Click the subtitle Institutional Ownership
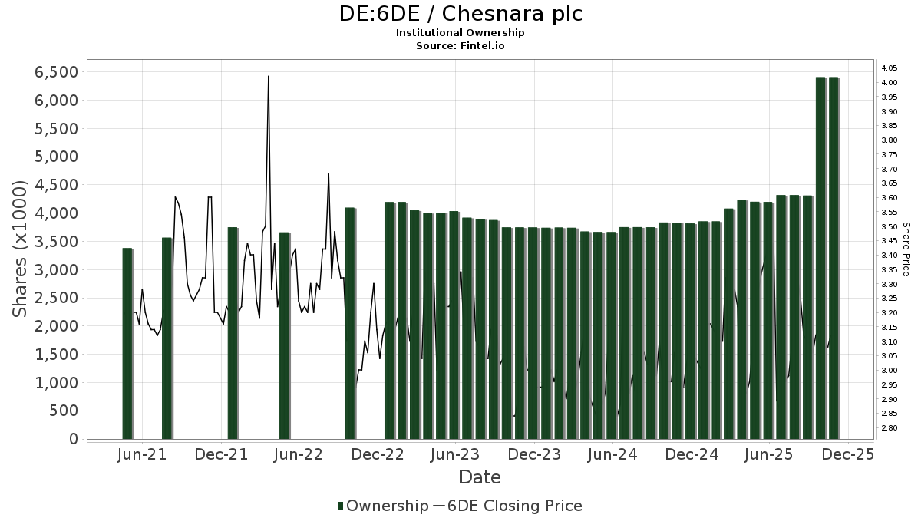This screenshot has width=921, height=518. pyautogui.click(x=460, y=33)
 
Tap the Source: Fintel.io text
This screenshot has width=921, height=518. pyautogui.click(x=460, y=45)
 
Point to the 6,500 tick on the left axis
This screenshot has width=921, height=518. pyautogui.click(x=56, y=72)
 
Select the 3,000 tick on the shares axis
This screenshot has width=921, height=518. pyautogui.click(x=56, y=270)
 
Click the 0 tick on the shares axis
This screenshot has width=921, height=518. pyautogui.click(x=74, y=439)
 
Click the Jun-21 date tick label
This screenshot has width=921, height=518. pyautogui.click(x=143, y=455)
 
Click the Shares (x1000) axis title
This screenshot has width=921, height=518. pyautogui.click(x=21, y=249)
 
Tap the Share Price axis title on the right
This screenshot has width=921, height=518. pyautogui.click(x=906, y=249)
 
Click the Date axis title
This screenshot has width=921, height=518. pyautogui.click(x=480, y=477)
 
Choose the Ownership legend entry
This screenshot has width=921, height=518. pyautogui.click(x=384, y=506)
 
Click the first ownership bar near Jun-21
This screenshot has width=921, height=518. pyautogui.click(x=127, y=344)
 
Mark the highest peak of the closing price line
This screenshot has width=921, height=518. pyautogui.click(x=268, y=76)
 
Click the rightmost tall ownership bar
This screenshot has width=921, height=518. pyautogui.click(x=834, y=258)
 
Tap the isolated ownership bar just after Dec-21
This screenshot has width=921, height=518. pyautogui.click(x=233, y=333)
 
